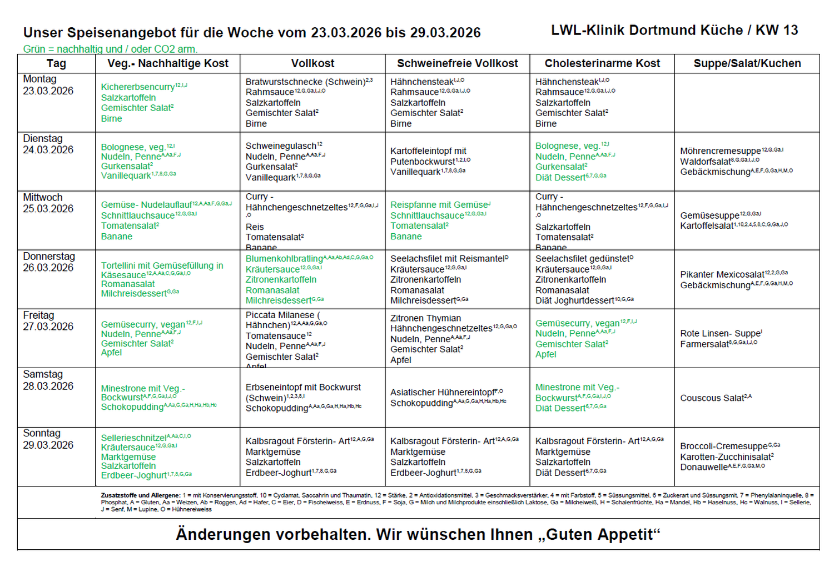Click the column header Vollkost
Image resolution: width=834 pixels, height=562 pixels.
click(x=312, y=63)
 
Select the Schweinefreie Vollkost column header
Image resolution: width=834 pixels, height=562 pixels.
click(x=457, y=63)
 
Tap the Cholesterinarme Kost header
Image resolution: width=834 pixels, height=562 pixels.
click(x=602, y=63)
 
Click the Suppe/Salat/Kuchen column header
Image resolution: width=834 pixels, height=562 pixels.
click(x=747, y=63)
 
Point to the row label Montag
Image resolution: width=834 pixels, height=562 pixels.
click(x=39, y=79)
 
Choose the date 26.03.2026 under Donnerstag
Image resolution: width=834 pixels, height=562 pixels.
click(x=48, y=267)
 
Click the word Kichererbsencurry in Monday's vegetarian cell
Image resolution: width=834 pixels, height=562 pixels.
click(x=138, y=87)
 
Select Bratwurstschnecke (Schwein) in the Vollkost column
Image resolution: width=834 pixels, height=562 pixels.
click(x=305, y=82)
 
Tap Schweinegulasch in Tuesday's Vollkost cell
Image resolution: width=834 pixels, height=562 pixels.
click(x=281, y=145)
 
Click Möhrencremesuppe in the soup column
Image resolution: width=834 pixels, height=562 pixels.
click(x=720, y=151)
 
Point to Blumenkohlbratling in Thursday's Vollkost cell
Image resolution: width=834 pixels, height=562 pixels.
click(x=284, y=259)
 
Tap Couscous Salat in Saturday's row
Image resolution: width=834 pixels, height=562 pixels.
click(x=712, y=398)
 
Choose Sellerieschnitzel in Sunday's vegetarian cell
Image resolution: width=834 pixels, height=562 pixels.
click(x=133, y=438)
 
